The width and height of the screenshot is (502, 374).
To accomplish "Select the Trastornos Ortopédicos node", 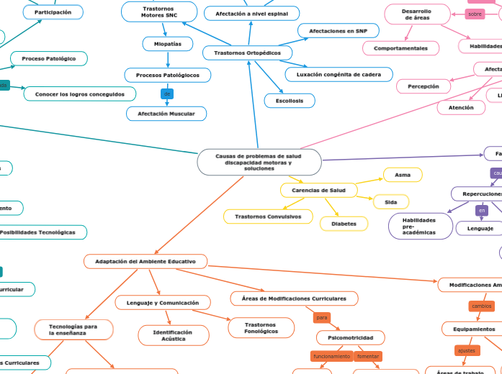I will pyautogui.click(x=247, y=53).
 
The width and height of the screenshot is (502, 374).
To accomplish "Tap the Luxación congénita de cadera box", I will pyautogui.click(x=339, y=74).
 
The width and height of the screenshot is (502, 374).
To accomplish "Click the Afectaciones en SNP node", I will pyautogui.click(x=338, y=31).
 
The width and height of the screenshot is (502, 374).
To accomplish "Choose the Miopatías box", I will pyautogui.click(x=168, y=44).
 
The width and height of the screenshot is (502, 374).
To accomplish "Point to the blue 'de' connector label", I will pyautogui.click(x=167, y=93).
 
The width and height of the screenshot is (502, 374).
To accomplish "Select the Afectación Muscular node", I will pyautogui.click(x=166, y=114).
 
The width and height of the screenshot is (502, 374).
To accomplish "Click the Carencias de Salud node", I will pyautogui.click(x=318, y=190).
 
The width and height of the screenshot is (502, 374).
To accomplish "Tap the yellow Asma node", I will pyautogui.click(x=403, y=175).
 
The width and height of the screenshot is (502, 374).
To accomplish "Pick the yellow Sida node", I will pyautogui.click(x=390, y=202).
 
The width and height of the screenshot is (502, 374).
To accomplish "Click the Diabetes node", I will pyautogui.click(x=344, y=224).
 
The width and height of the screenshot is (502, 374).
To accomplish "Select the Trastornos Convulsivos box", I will pyautogui.click(x=268, y=216).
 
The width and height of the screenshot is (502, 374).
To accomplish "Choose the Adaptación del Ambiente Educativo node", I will pyautogui.click(x=145, y=261).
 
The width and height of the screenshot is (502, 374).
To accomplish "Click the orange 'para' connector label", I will pyautogui.click(x=322, y=317).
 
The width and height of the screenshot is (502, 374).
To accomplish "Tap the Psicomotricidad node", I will pyautogui.click(x=350, y=337).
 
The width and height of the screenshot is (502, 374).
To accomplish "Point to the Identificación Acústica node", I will pyautogui.click(x=173, y=335).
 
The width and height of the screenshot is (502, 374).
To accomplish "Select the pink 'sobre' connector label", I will pyautogui.click(x=475, y=14).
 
